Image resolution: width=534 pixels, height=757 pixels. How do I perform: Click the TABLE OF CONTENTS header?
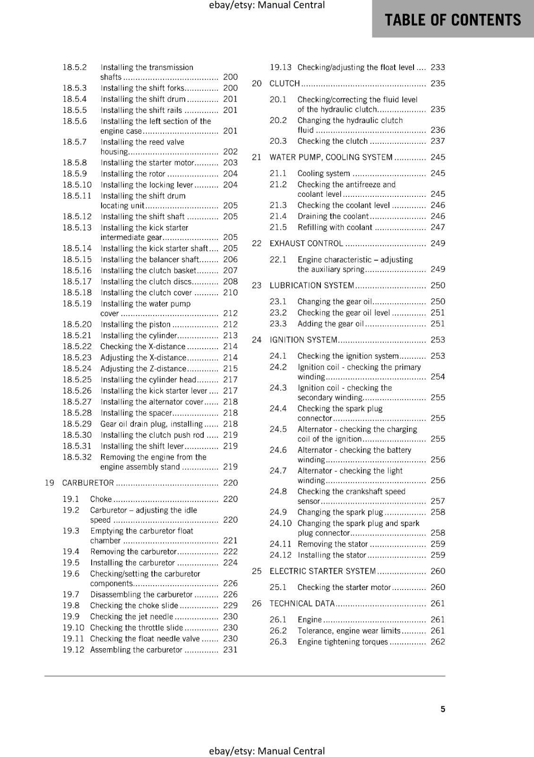click(452, 19)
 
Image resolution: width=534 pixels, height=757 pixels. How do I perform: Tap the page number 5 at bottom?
click(443, 709)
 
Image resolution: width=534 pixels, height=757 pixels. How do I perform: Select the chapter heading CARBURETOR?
click(88, 483)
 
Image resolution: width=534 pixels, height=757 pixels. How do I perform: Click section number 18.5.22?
click(77, 346)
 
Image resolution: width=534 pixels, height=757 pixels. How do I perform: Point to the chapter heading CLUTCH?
click(284, 83)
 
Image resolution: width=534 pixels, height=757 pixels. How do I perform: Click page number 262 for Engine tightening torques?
click(438, 642)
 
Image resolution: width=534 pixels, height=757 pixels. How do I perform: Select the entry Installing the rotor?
click(133, 174)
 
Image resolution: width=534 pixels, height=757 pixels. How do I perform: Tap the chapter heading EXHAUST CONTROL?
click(306, 243)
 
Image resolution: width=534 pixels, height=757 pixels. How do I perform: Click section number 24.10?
click(281, 523)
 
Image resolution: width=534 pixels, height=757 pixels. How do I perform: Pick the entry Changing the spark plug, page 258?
click(340, 512)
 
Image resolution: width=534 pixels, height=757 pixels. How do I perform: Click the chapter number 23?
click(257, 285)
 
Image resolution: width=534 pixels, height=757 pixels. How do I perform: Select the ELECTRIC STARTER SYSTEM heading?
click(322, 571)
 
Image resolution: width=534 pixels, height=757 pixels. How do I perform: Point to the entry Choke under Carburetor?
click(101, 499)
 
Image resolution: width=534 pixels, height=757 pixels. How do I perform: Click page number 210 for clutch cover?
click(230, 292)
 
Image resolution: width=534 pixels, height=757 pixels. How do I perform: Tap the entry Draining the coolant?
click(333, 216)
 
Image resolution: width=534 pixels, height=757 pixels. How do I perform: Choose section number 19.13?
click(281, 67)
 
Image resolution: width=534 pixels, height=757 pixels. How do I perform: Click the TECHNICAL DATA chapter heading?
click(302, 603)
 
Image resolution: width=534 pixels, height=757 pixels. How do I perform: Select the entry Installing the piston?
click(135, 324)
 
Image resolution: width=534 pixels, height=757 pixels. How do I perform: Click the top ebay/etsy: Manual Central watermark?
click(267, 5)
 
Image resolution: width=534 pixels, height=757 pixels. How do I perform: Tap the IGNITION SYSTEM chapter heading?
click(303, 340)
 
